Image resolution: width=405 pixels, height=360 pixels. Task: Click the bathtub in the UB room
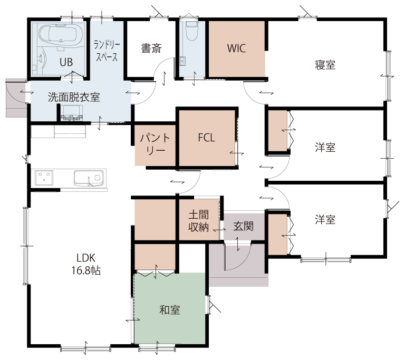61,35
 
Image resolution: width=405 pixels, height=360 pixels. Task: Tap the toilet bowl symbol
191,31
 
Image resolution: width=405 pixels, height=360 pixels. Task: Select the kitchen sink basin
90,178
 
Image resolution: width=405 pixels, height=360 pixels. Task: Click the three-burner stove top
44,178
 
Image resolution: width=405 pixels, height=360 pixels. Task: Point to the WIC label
236,48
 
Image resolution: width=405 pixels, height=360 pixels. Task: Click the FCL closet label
206,138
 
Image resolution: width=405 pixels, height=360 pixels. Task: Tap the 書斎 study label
151,48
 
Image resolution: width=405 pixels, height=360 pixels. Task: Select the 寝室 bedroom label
325,65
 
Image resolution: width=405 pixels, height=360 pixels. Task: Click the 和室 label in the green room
170,309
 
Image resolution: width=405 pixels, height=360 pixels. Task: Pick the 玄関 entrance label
243,226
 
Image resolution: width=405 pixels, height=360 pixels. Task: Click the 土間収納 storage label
199,221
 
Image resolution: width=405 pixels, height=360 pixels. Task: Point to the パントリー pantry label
155,144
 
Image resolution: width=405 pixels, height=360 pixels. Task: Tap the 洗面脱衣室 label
74,97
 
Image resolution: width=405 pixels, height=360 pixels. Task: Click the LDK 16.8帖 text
86,264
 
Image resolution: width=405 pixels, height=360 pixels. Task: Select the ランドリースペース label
107,51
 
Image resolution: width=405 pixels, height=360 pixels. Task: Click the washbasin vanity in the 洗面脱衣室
72,113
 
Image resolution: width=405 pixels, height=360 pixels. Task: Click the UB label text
66,62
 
